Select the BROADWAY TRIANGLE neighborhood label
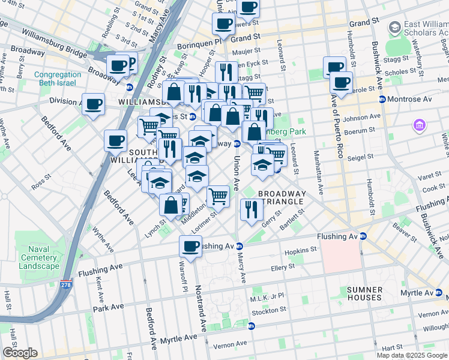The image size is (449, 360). [x=282, y=197]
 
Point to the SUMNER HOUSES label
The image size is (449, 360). [x=364, y=293]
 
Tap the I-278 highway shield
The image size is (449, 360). [x=66, y=283]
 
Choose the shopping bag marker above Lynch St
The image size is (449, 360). [x=171, y=205]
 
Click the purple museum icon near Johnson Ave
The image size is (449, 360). [x=419, y=125]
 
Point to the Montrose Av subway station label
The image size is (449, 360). [x=407, y=99]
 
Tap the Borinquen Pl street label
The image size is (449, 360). [x=198, y=45]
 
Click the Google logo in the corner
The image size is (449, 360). [x=20, y=352]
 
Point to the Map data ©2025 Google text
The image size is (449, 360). [x=411, y=355]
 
